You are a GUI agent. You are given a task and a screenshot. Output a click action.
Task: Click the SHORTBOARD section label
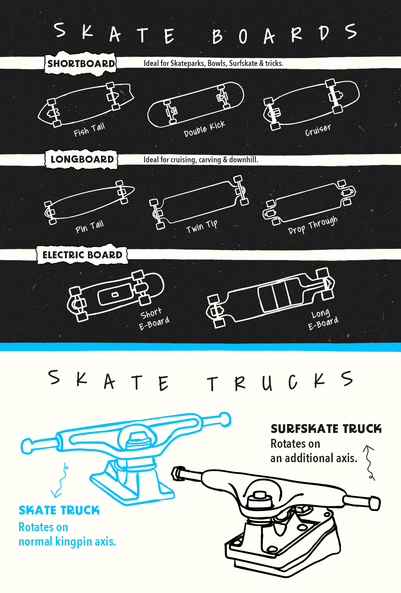pyautogui.click(x=81, y=63)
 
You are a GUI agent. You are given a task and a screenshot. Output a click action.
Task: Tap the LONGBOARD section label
pyautogui.click(x=82, y=159)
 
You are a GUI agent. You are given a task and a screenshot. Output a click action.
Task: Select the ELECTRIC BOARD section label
pyautogui.click(x=82, y=255)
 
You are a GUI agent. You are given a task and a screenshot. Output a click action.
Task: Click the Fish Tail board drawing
pyautogui.click(x=85, y=104)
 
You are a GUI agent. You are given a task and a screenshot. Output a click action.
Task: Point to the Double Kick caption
pyautogui.click(x=204, y=129)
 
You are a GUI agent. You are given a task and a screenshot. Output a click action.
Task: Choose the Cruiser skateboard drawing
pyautogui.click(x=312, y=104)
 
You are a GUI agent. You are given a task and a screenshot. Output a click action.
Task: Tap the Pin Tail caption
pyautogui.click(x=89, y=226)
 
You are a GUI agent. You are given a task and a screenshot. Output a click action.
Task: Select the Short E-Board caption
pyautogui.click(x=154, y=318)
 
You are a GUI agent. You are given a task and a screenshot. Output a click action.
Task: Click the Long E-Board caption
pyautogui.click(x=323, y=319)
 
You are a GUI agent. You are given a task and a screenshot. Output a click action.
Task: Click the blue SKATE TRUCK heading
pyautogui.click(x=59, y=510)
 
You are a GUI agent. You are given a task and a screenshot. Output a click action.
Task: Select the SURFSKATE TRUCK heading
pyautogui.click(x=326, y=429)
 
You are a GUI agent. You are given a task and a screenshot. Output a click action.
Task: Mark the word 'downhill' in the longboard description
pyautogui.click(x=243, y=160)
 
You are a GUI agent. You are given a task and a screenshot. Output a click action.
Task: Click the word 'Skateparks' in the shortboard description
pyautogui.click(x=188, y=63)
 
